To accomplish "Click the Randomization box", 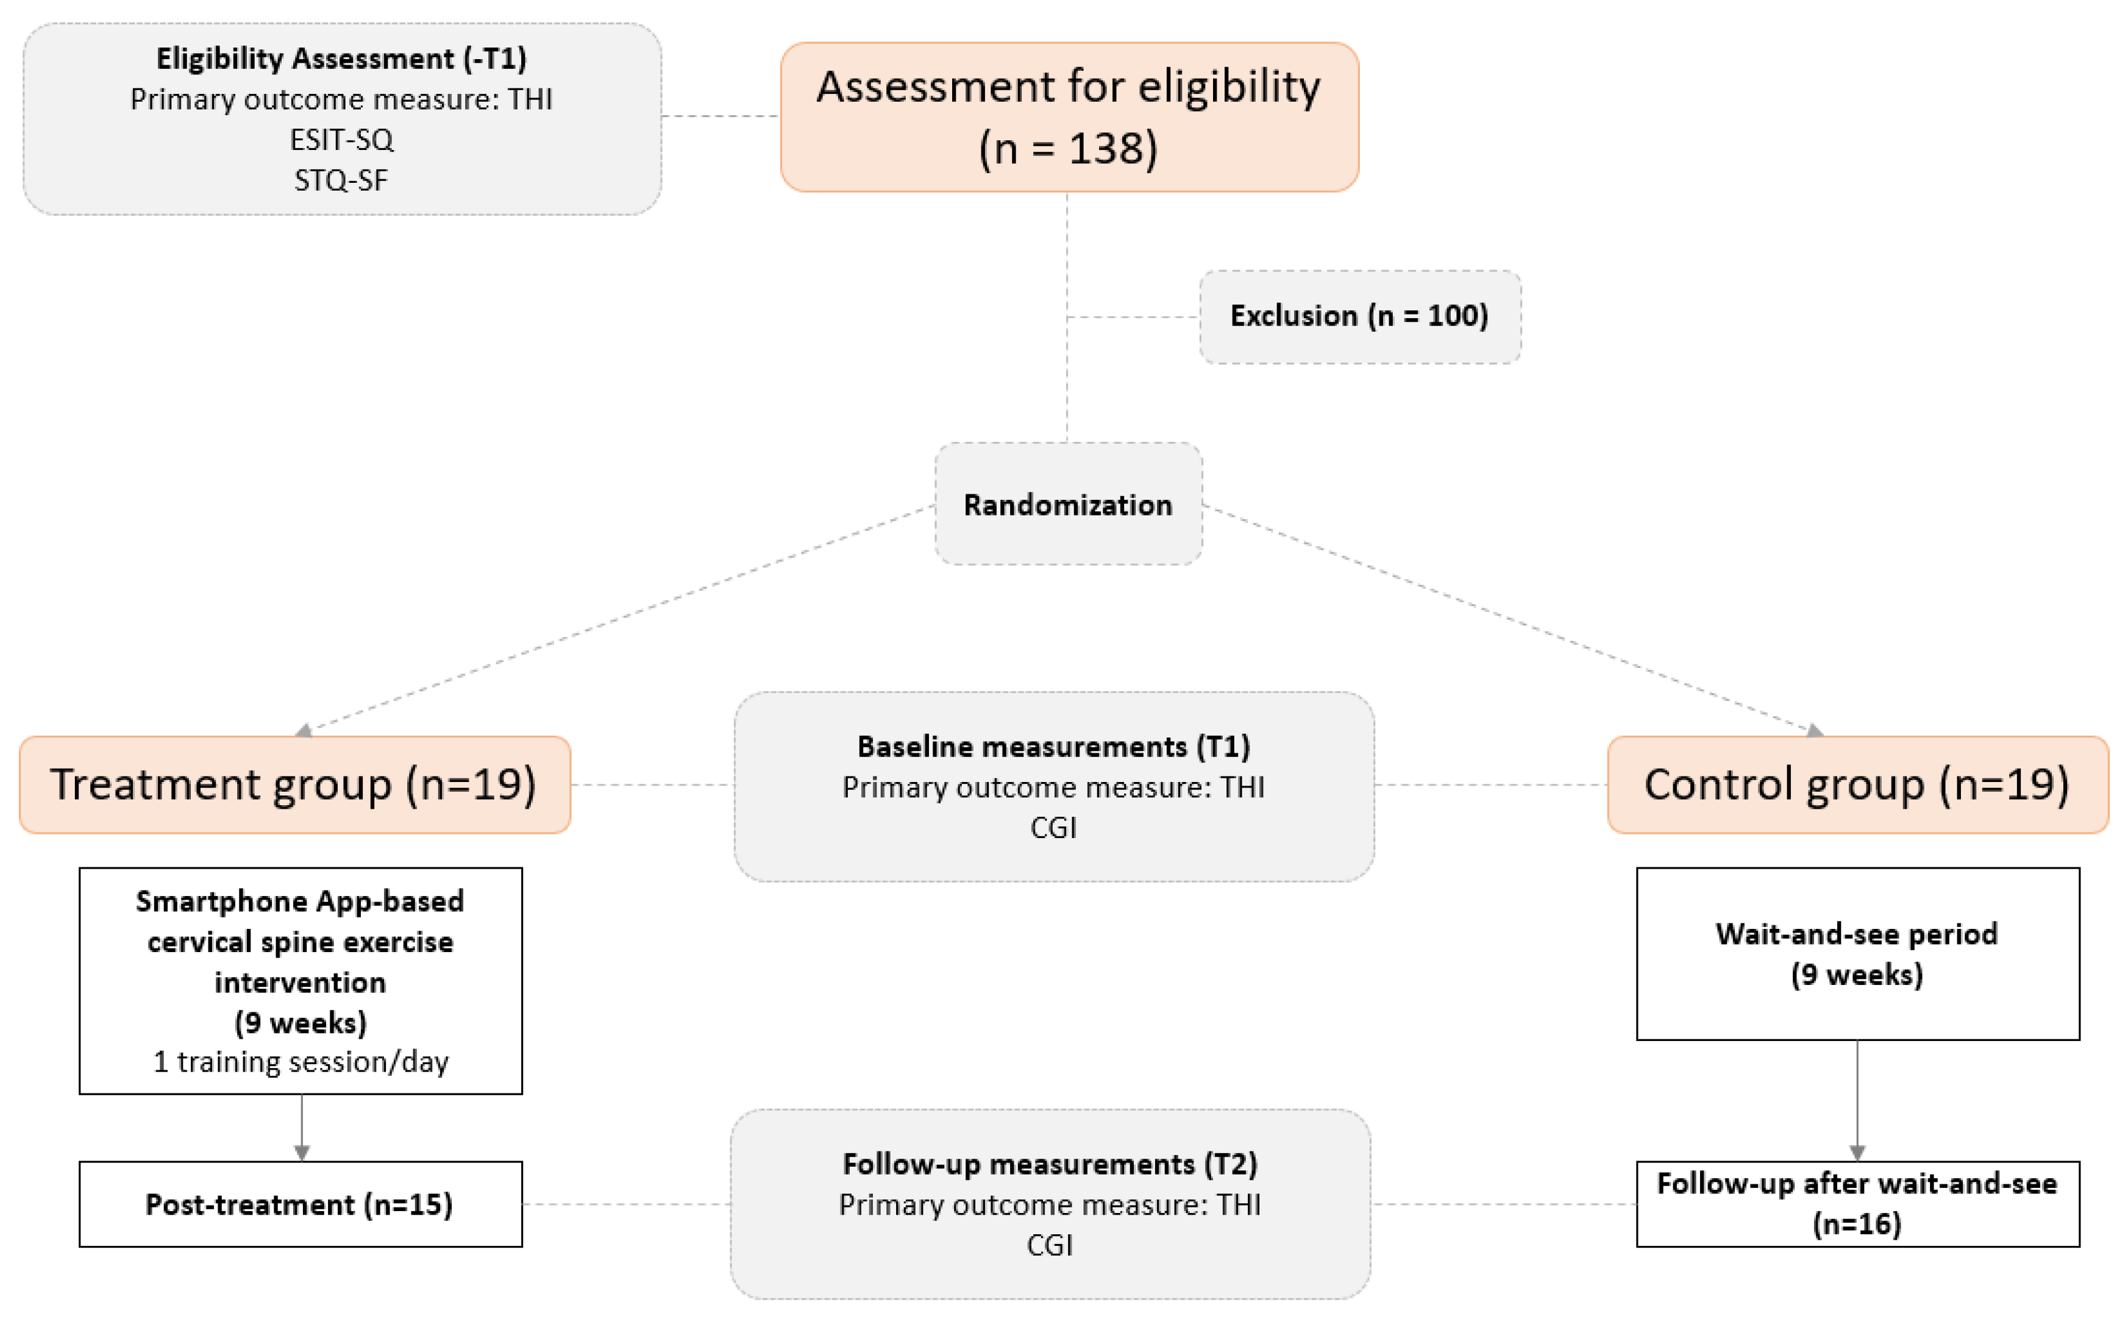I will coord(1067,504).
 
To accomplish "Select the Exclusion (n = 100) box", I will coord(1359,316).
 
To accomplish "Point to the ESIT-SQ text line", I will coord(341,140).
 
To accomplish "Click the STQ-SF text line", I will coord(341,180).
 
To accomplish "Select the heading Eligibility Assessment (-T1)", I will coord(341,59).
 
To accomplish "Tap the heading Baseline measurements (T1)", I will coord(1053,746).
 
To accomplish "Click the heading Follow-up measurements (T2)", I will coord(1050,1164).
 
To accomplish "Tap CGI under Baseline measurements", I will coord(1053,827).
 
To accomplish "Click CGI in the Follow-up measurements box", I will coord(1050,1245).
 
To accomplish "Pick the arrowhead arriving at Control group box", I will coord(1814,730).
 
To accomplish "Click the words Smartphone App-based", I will coord(300,900).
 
